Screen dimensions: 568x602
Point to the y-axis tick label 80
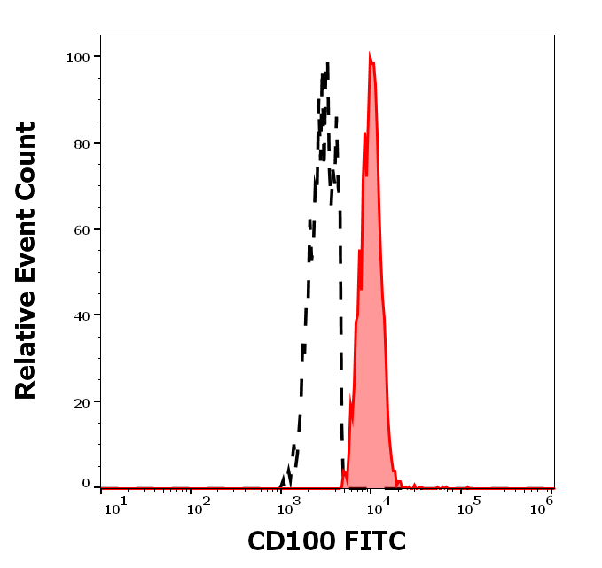(x=80, y=143)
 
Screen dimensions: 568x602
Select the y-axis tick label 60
(x=80, y=229)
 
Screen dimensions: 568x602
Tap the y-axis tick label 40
(x=80, y=315)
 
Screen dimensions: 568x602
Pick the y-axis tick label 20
(x=80, y=401)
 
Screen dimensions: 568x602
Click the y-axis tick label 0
(x=86, y=484)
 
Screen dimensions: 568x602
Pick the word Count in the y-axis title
(x=26, y=156)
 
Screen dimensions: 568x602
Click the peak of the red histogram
(x=371, y=58)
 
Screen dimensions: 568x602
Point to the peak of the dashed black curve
(x=327, y=64)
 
